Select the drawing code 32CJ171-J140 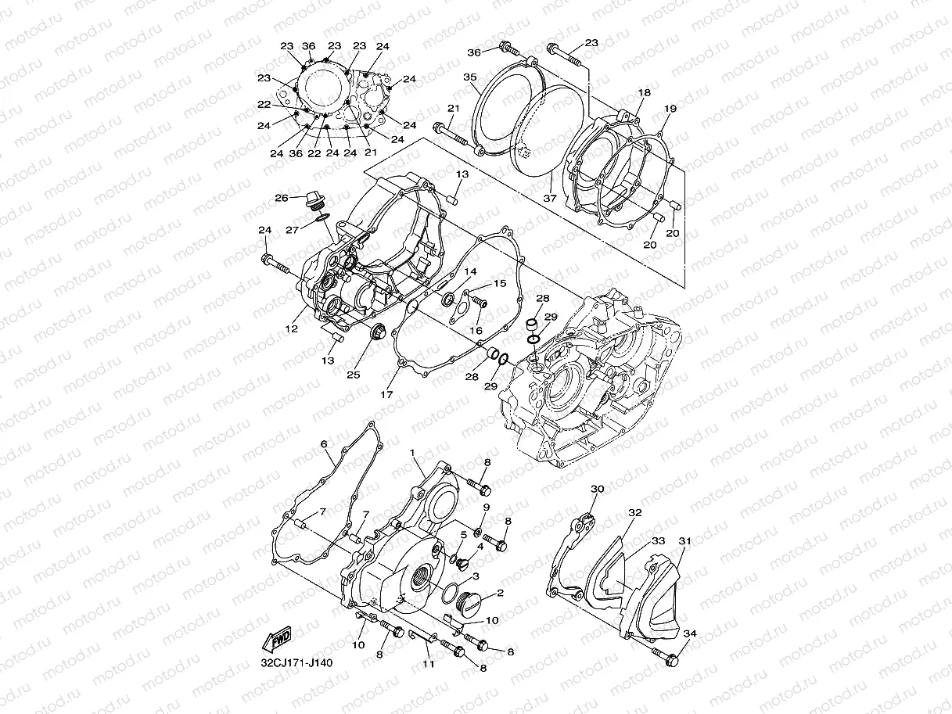(296, 663)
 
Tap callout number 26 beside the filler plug (282, 198)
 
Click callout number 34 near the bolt (688, 633)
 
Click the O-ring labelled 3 (452, 592)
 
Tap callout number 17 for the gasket (386, 395)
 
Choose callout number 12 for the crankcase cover (291, 329)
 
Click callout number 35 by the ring (469, 77)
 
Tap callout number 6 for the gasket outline (323, 444)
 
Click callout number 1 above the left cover (412, 453)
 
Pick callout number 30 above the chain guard (598, 489)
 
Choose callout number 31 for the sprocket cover (684, 540)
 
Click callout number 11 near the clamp (428, 664)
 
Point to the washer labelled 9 (478, 521)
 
